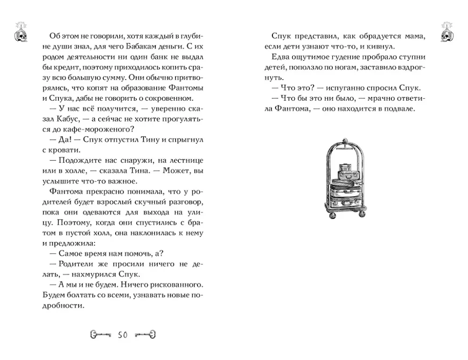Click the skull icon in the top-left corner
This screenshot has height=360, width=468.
(20, 29)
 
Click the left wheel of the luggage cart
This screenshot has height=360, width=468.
(330, 215)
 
